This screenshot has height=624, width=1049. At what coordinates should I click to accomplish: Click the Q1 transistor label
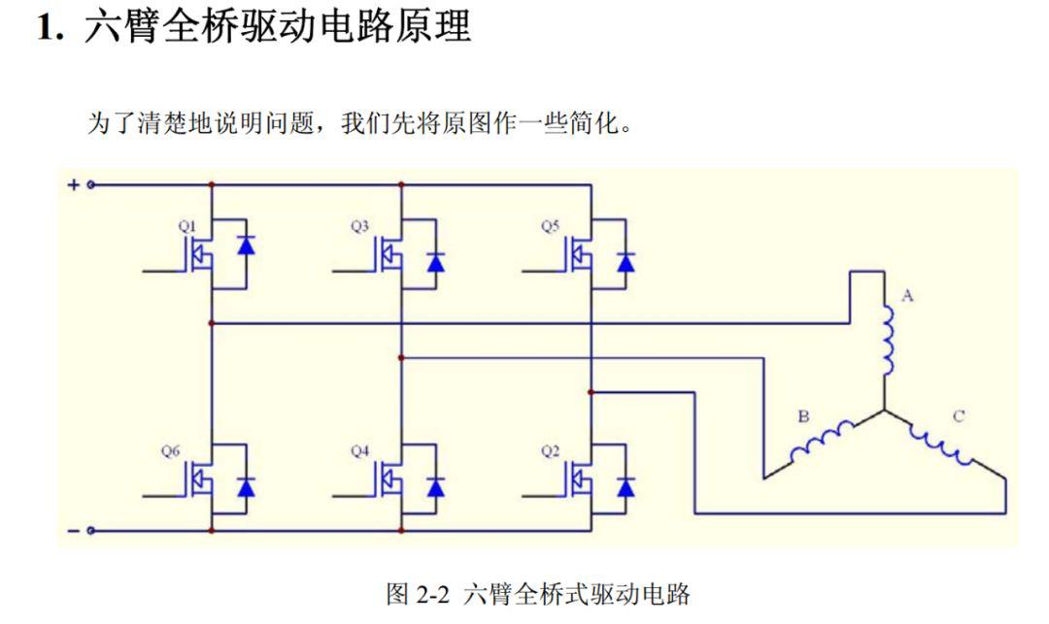187,226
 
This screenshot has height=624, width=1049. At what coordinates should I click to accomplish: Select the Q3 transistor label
360,226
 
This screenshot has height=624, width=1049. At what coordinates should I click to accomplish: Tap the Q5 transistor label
550,226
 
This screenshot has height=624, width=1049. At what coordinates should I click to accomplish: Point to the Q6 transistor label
170,451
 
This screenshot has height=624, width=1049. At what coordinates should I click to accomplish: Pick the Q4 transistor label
360,451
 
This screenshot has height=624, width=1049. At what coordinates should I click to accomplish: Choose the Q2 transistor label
550,451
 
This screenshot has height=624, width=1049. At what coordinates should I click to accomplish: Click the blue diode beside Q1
246,246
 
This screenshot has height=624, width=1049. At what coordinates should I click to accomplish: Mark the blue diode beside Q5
626,262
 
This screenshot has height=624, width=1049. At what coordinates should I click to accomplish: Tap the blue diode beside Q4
435,488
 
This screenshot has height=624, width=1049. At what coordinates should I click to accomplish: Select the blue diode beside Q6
246,488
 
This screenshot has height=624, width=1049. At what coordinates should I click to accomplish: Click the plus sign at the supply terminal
74,184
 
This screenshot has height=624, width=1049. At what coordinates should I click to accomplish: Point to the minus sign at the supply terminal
74,531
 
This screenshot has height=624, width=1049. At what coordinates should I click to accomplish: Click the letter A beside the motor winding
907,295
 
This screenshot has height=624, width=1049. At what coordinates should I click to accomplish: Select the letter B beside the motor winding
803,416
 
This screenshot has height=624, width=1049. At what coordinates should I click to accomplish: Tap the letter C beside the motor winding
958,416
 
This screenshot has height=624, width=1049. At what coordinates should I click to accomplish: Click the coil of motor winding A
890,341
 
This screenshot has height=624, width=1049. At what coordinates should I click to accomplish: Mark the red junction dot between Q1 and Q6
212,323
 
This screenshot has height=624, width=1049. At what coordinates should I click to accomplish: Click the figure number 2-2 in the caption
433,594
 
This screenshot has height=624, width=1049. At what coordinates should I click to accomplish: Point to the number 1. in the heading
51,28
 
